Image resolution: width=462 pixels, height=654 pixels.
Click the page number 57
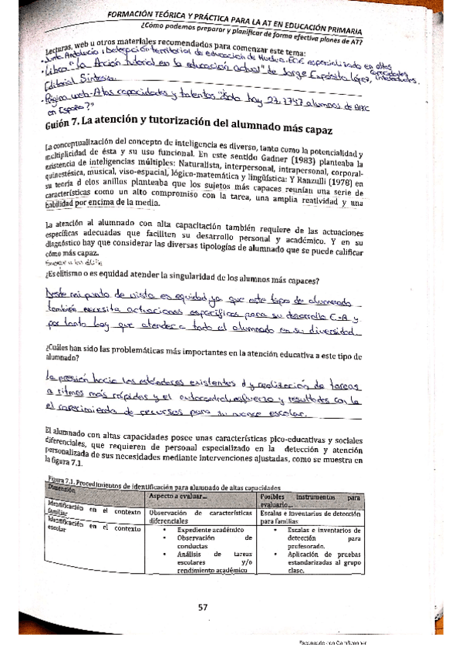[x=204, y=607]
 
